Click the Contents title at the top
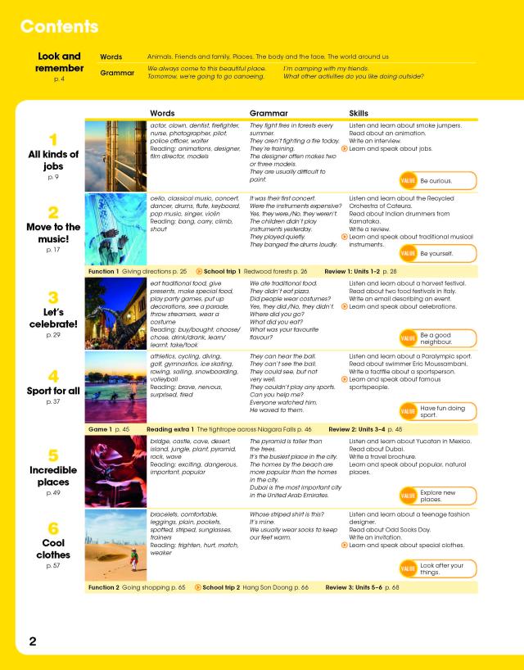coord(59,26)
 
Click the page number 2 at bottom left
coord(31,641)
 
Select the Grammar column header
coord(268,114)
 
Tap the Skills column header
coord(359,114)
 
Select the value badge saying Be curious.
coord(436,180)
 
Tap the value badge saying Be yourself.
coord(436,254)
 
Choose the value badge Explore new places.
coord(436,495)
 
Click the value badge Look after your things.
coord(436,568)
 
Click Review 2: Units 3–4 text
coord(365,428)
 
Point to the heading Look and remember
coord(59,62)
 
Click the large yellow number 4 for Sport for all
coord(53,377)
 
